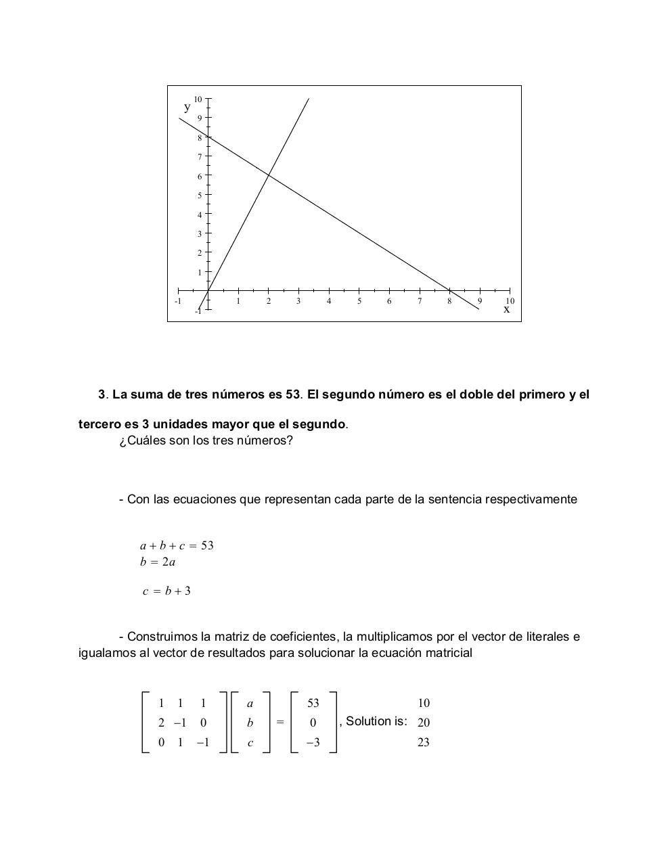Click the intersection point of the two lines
point(269,175)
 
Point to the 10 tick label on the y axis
point(198,99)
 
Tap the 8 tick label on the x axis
point(449,301)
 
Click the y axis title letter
point(187,107)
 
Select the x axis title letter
point(506,309)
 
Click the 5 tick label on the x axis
point(359,301)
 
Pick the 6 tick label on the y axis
point(200,177)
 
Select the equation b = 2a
point(158,562)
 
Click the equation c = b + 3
point(166,591)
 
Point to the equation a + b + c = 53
point(177,545)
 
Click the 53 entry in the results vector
point(313,703)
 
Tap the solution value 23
point(424,742)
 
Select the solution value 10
point(424,703)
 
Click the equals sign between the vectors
point(280,722)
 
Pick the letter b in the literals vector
point(250,723)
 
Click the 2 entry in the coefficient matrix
point(161,723)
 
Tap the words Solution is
point(376,721)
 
